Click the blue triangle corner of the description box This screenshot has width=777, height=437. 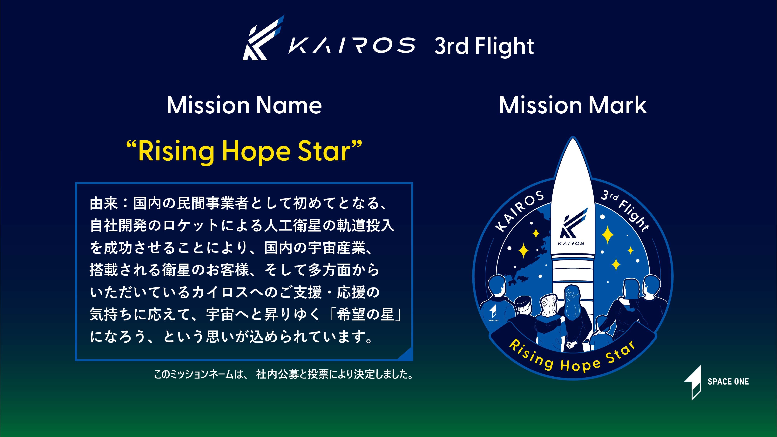coord(406,353)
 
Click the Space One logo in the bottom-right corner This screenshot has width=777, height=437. coord(716,382)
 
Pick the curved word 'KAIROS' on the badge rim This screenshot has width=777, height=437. coord(520,211)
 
